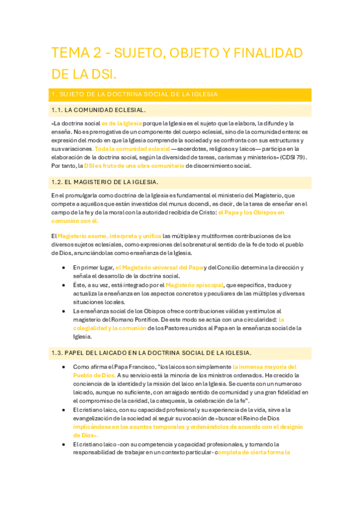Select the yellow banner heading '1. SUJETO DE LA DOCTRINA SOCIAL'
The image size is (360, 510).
click(x=135, y=94)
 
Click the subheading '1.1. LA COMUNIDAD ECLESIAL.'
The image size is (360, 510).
click(x=99, y=110)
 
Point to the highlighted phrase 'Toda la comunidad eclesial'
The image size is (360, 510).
click(x=132, y=149)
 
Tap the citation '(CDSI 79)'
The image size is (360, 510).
click(x=293, y=157)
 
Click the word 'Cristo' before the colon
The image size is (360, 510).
click(x=204, y=212)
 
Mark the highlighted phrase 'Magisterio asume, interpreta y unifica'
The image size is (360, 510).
click(x=109, y=236)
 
